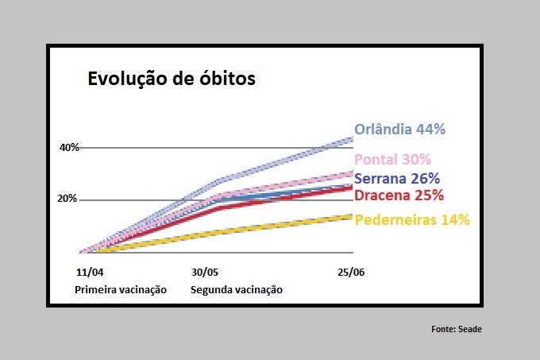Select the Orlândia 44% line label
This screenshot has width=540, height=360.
(x=399, y=129)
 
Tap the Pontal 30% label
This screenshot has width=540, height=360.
(x=392, y=160)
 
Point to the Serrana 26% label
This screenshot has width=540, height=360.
(x=397, y=179)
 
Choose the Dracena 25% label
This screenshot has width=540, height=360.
(x=399, y=195)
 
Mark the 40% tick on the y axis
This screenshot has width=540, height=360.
(x=68, y=148)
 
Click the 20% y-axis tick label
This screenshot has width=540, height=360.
(x=67, y=199)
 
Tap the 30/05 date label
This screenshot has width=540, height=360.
(x=205, y=273)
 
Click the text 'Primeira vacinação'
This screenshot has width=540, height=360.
(x=121, y=289)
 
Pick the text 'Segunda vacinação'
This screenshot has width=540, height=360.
(x=237, y=289)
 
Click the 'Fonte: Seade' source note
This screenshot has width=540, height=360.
(x=457, y=328)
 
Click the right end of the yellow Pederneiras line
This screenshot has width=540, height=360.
(x=352, y=216)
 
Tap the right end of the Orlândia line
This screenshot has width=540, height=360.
(x=352, y=139)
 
